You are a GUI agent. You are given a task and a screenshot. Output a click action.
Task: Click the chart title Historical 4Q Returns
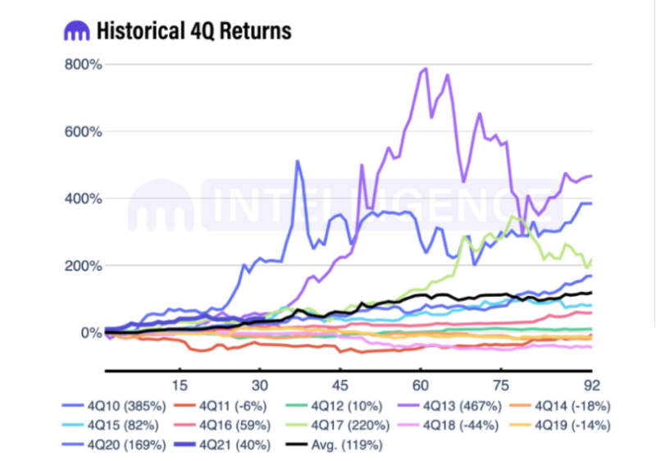(194, 31)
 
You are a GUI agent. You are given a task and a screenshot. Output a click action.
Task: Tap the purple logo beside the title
(75, 31)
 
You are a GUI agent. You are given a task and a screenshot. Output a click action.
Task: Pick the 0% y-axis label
(89, 333)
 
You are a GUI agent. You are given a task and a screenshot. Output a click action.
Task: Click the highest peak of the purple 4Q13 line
(425, 69)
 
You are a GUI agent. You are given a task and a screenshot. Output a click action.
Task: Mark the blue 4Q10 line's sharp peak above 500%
(298, 161)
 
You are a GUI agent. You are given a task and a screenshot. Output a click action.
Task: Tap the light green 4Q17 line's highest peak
(513, 217)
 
